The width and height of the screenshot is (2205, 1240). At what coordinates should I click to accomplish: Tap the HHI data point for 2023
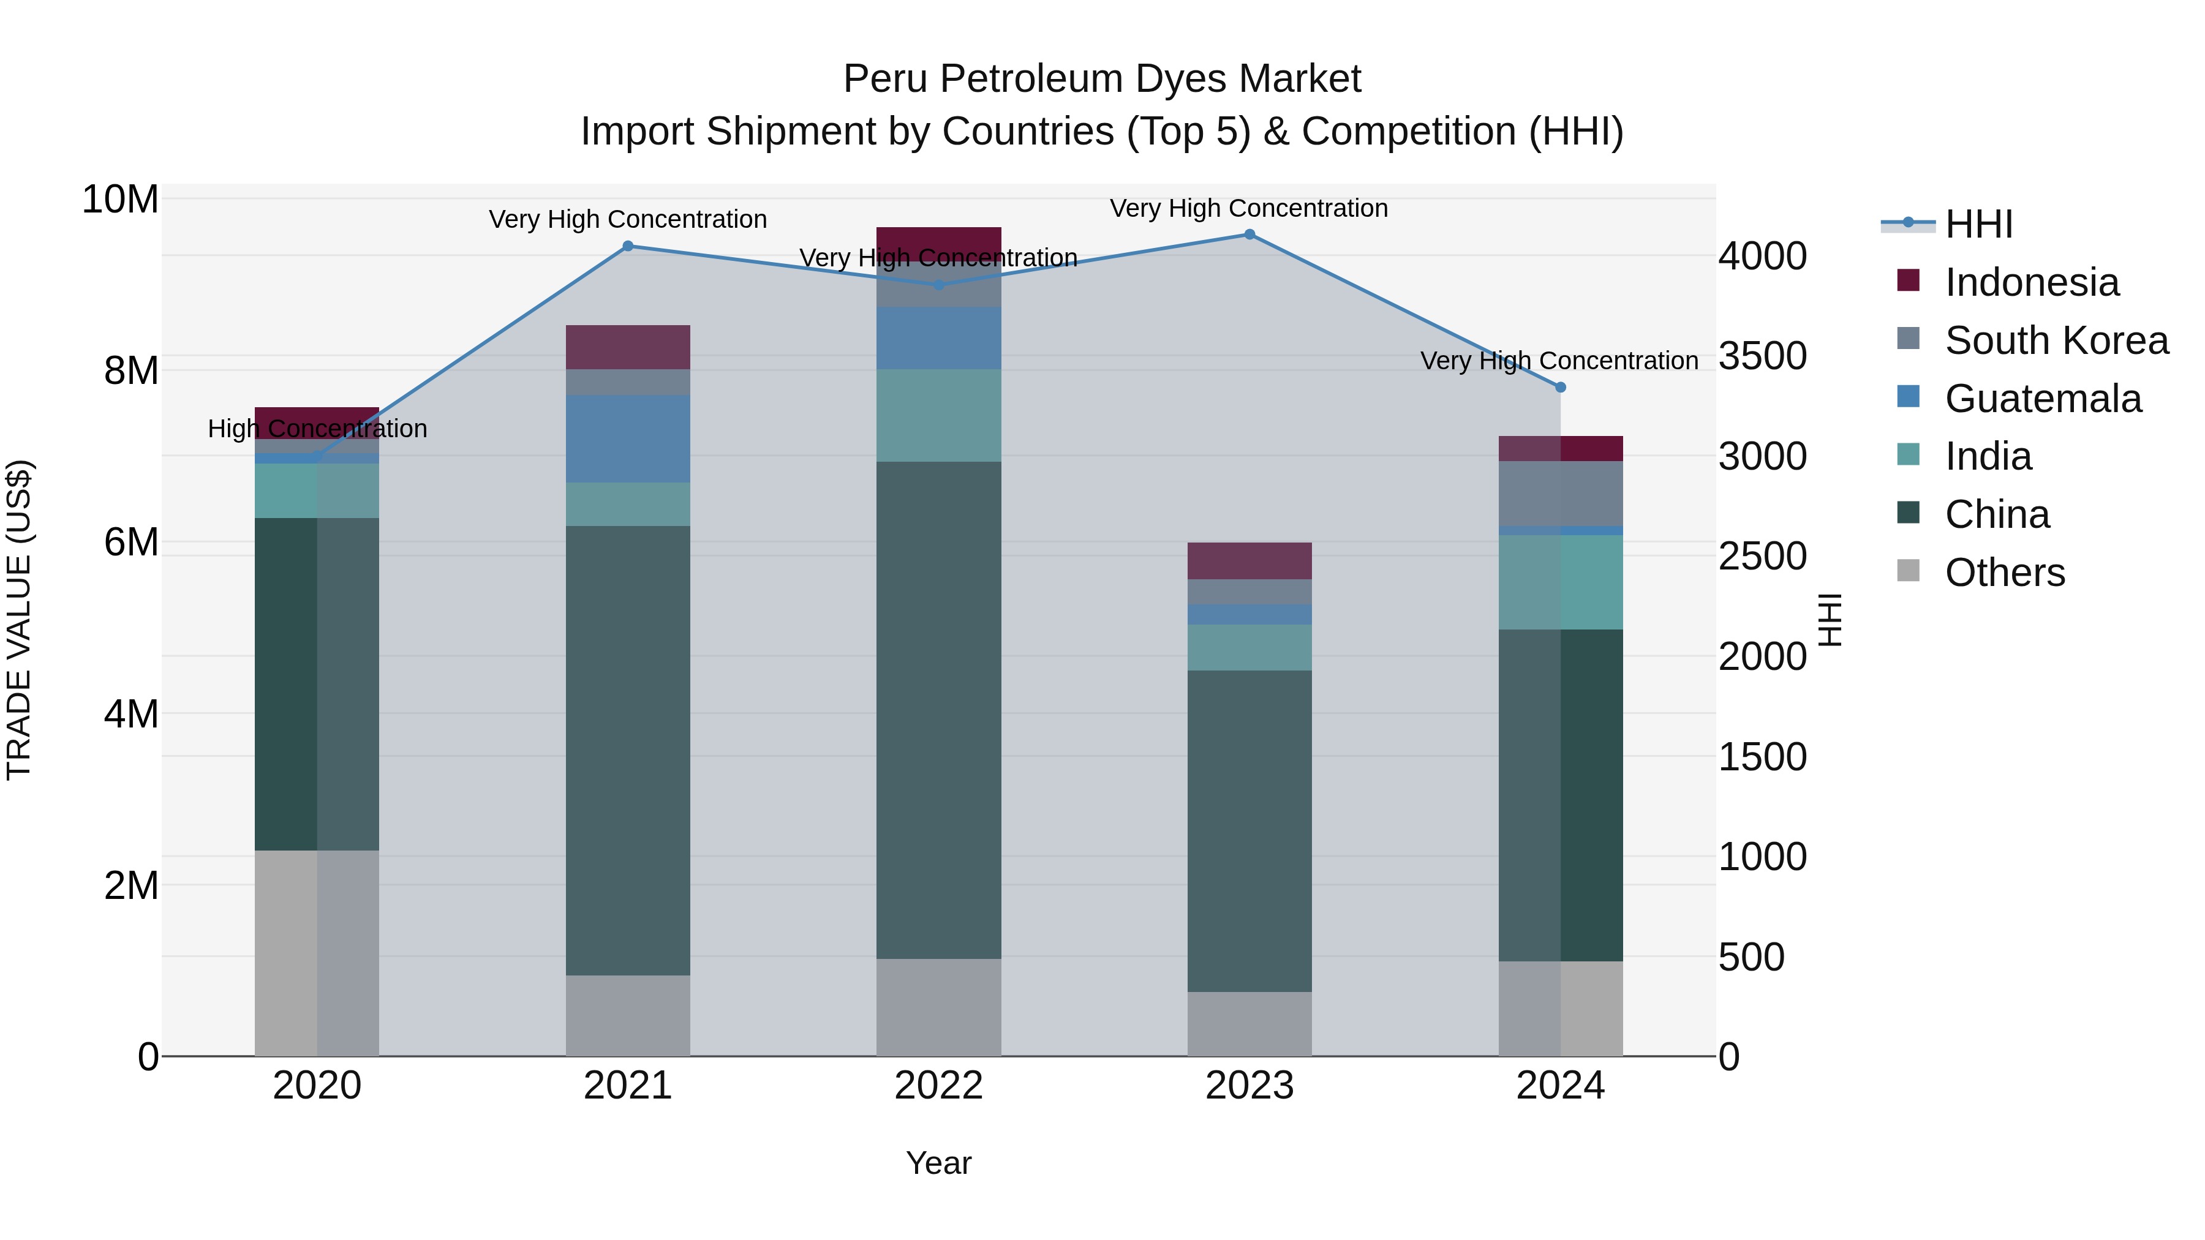(1249, 234)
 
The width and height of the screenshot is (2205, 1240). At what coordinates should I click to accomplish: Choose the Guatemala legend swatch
(1908, 397)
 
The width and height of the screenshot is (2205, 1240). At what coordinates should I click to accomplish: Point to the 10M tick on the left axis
(120, 200)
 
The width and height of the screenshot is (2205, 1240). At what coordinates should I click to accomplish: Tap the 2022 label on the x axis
(938, 1086)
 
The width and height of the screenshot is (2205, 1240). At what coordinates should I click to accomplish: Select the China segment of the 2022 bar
(938, 710)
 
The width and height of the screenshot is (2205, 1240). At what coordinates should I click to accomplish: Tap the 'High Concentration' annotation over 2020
(317, 428)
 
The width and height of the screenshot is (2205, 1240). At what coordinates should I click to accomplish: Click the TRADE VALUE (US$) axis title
(19, 620)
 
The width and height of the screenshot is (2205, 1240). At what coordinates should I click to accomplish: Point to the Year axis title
(938, 1163)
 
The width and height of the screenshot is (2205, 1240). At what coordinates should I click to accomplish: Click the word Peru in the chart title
(886, 79)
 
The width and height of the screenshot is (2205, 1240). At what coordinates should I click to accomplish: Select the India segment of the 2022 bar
(938, 415)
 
